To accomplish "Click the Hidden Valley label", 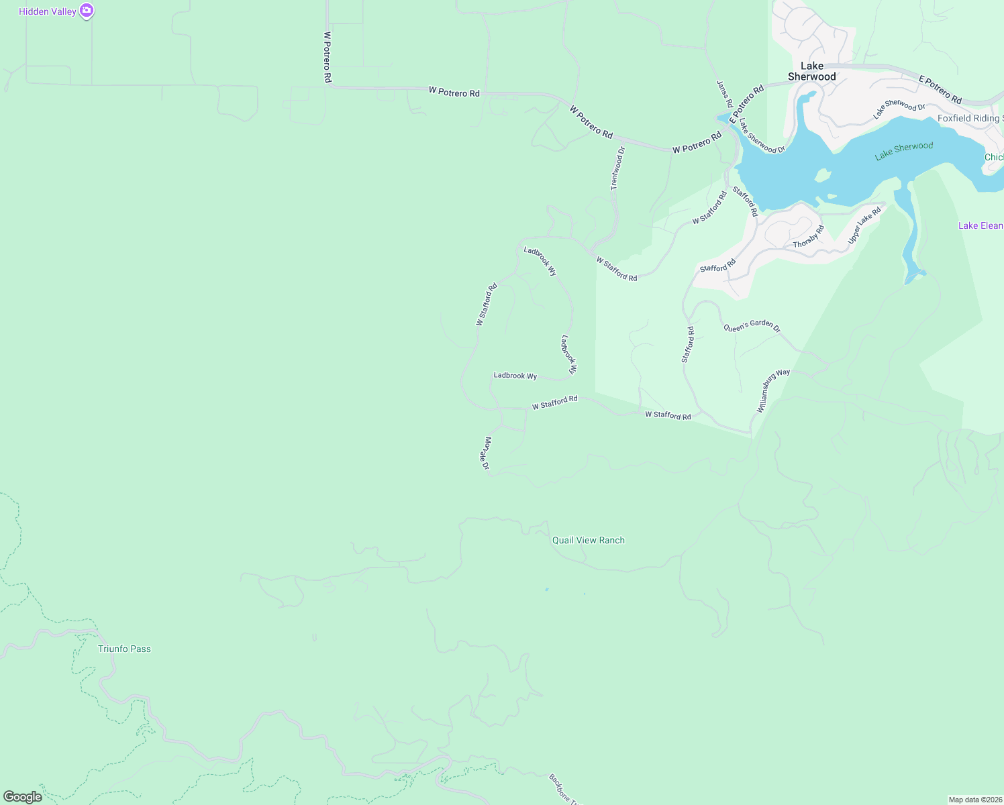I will point(48,11).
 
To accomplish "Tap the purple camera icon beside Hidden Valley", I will point(87,11).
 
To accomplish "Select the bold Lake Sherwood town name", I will point(812,71).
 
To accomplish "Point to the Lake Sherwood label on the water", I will point(904,150).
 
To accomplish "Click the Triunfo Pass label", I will point(124,649).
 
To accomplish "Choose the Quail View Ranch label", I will point(588,540).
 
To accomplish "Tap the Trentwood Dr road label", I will point(617,168).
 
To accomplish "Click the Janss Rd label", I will point(724,94).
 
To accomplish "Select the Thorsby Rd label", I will point(809,236).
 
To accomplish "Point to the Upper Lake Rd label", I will point(864,225).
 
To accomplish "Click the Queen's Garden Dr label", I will point(752,327).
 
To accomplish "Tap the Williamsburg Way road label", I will point(773,390).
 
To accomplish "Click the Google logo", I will point(23,796).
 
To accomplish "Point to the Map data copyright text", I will point(975,800).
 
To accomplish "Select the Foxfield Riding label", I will point(970,118).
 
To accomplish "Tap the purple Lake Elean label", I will point(981,225).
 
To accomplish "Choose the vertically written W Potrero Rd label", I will point(328,57).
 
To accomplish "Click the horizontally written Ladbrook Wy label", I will point(515,376).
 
